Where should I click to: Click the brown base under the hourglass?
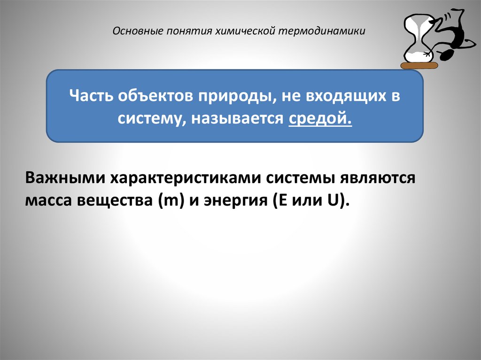(x=419, y=65)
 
